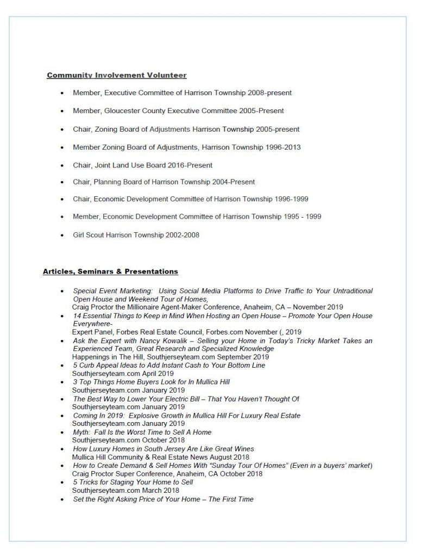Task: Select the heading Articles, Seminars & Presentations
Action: pos(110,271)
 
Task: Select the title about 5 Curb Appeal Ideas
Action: pos(169,366)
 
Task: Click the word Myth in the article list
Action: pos(80,432)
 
